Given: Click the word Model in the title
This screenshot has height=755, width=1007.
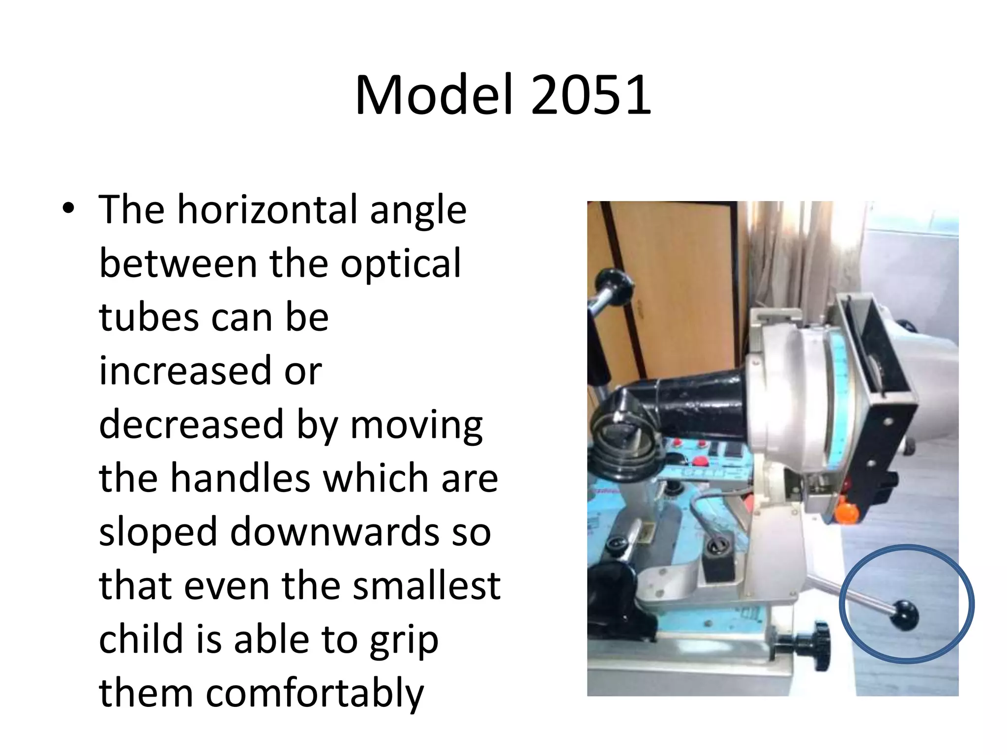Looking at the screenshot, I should [x=434, y=95].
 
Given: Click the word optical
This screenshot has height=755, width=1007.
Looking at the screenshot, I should [x=401, y=264].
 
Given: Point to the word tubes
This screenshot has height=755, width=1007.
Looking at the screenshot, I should [x=148, y=318].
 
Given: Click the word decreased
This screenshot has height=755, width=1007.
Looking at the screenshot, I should [x=191, y=425].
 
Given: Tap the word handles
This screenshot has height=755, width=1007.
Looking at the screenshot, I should [x=240, y=478].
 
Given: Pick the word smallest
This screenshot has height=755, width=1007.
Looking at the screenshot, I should [x=426, y=586].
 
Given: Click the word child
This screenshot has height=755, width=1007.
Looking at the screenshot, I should [x=141, y=639].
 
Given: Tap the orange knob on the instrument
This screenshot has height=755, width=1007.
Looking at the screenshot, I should [x=847, y=512].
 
